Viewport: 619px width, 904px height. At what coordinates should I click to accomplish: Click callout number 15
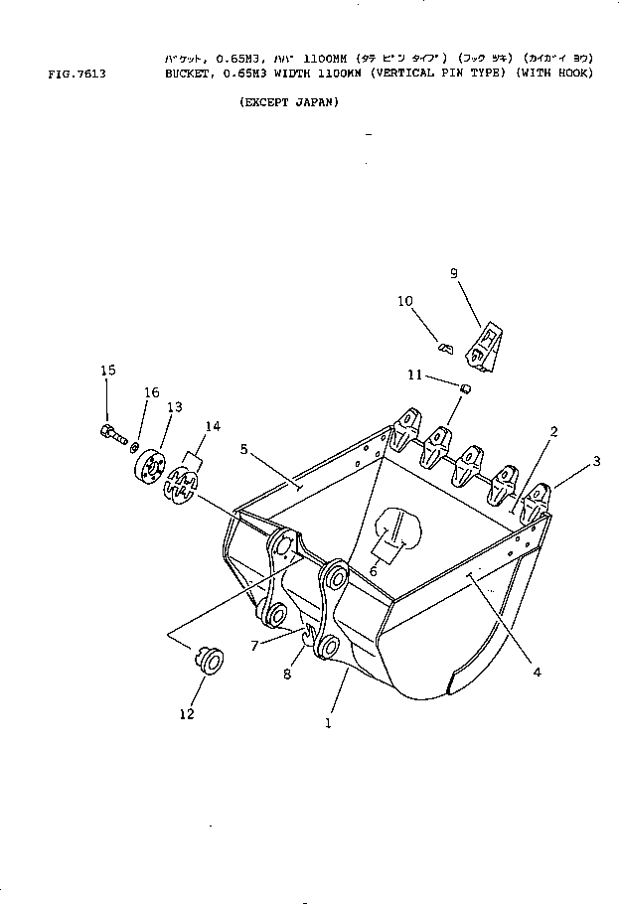click(x=107, y=371)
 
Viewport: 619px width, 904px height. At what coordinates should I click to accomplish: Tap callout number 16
click(x=151, y=393)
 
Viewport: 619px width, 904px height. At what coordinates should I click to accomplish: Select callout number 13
click(x=175, y=407)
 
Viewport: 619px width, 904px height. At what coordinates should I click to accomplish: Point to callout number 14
click(x=212, y=426)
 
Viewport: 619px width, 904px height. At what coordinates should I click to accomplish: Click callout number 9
click(x=453, y=273)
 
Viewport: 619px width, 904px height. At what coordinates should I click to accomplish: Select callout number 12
click(x=186, y=712)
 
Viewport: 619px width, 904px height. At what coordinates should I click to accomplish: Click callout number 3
click(x=597, y=460)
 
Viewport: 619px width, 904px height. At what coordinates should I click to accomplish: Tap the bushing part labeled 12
click(x=209, y=660)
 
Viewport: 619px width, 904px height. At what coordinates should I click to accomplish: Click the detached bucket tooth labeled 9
click(x=484, y=349)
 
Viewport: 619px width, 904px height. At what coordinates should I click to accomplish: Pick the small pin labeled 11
click(x=463, y=386)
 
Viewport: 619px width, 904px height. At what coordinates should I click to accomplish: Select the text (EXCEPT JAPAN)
click(x=289, y=102)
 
